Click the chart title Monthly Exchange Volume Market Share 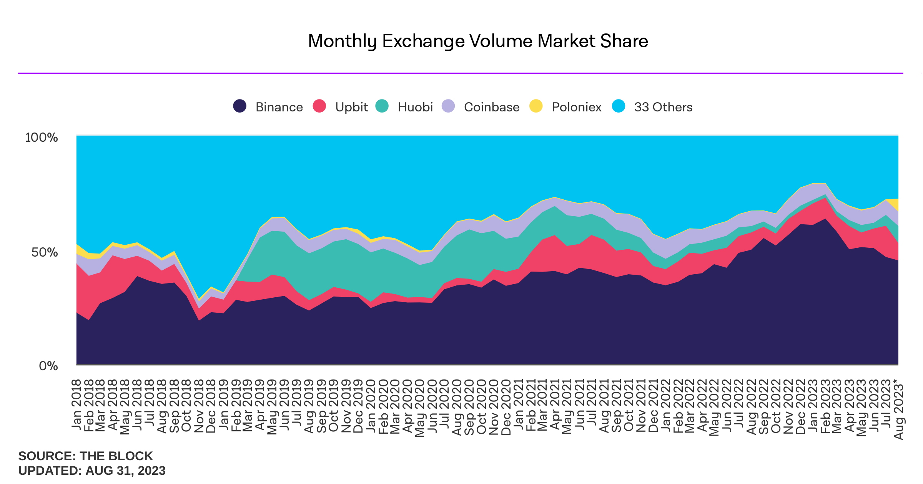point(478,41)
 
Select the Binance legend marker point(240,106)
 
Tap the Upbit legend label point(351,107)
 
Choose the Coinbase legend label point(491,107)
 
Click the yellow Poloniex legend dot point(536,106)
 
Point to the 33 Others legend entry point(663,107)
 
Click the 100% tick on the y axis point(41,138)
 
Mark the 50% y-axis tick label point(44,252)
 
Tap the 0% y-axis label point(48,366)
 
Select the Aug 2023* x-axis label point(898,409)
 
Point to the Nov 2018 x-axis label point(199,406)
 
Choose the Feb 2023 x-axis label point(825,406)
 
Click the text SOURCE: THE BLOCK point(85,456)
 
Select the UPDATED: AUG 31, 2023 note point(91,471)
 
